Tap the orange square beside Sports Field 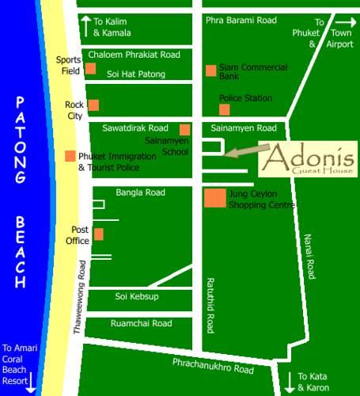(x=91, y=68)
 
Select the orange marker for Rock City (x=93, y=105)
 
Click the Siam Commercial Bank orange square (x=211, y=70)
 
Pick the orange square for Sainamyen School (x=185, y=130)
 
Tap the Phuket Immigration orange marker (x=70, y=156)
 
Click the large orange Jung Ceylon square (x=214, y=198)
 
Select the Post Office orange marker (x=98, y=234)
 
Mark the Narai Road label (x=311, y=257)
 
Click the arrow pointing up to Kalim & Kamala (x=85, y=25)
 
